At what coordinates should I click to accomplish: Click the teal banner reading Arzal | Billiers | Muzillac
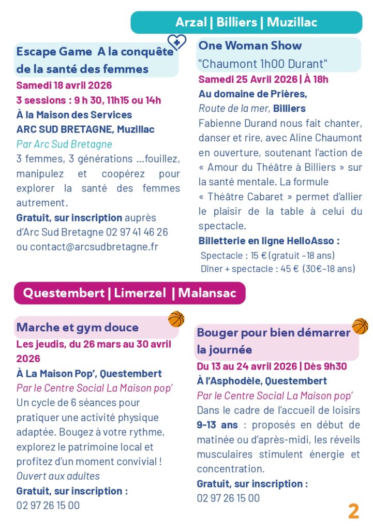[x=246, y=22]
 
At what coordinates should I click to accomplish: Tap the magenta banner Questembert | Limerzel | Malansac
[x=129, y=293]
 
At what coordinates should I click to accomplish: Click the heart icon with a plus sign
[x=176, y=42]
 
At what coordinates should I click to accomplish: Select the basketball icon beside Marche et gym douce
[x=176, y=319]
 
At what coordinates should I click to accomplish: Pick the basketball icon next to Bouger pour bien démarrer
[x=360, y=326]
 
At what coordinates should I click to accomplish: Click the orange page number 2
[x=353, y=511]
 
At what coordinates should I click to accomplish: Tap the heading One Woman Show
[x=250, y=46]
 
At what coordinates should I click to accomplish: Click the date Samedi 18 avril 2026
[x=64, y=85]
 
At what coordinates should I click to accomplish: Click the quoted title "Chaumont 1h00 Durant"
[x=263, y=64]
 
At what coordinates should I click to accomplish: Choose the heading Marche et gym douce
[x=78, y=327]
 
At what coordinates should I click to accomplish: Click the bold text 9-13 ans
[x=217, y=425]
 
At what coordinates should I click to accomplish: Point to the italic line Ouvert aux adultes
[x=58, y=476]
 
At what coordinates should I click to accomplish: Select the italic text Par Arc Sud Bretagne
[x=64, y=144]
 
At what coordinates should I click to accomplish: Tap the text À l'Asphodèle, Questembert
[x=262, y=381]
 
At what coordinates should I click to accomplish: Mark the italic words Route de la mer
[x=234, y=109]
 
